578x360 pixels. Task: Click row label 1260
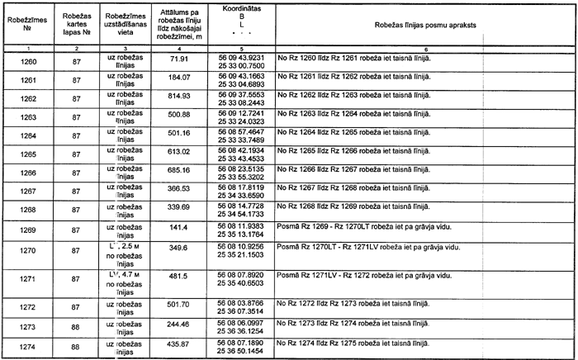[x=28, y=62]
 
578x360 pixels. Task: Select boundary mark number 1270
[x=28, y=251]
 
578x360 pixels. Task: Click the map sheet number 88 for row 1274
[x=76, y=348]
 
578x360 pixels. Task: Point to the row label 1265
[x=28, y=153]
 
